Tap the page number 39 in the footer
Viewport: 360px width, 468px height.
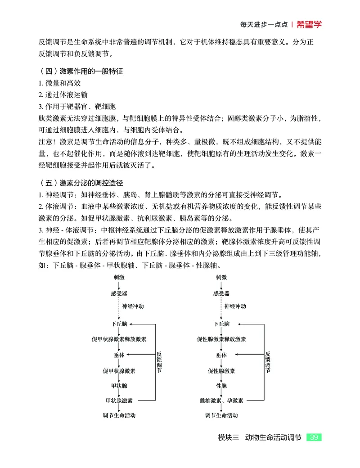click(314, 437)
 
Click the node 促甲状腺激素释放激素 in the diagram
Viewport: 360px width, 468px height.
click(121, 339)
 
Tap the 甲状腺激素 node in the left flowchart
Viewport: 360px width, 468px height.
click(119, 400)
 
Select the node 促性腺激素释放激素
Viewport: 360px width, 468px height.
click(221, 339)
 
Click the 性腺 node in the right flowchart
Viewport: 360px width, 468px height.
click(221, 386)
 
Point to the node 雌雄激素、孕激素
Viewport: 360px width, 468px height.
click(221, 400)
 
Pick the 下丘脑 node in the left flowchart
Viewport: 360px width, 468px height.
click(119, 324)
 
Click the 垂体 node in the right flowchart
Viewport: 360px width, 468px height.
click(221, 355)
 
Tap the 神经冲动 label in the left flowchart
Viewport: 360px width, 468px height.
click(133, 306)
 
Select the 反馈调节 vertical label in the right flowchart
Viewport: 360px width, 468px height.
click(268, 362)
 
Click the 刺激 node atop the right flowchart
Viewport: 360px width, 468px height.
click(221, 277)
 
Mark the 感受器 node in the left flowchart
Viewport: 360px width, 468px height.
click(119, 293)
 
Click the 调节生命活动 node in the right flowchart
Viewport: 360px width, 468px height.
click(221, 415)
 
